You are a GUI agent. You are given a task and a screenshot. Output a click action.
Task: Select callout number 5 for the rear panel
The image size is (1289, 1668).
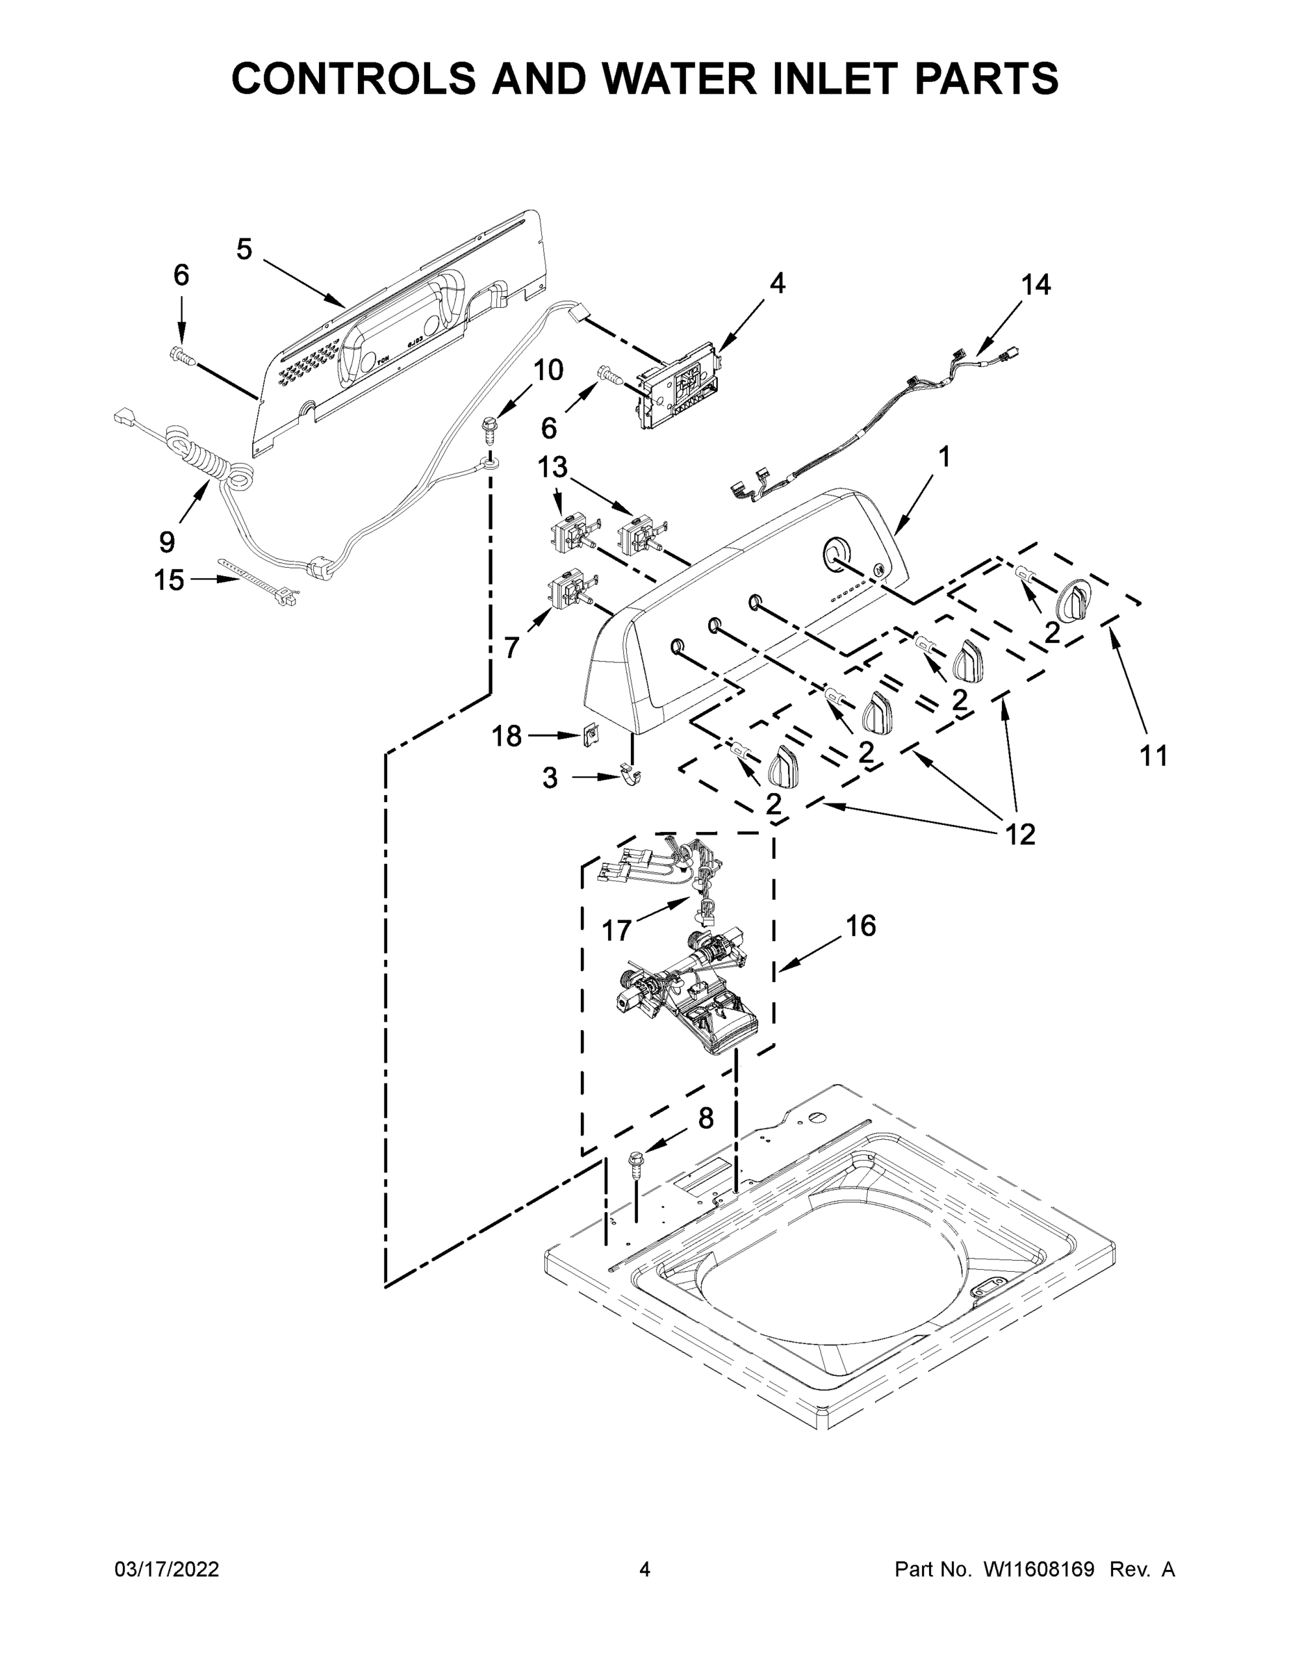[x=244, y=249]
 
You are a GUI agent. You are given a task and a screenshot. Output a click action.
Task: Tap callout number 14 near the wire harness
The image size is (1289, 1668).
[x=1035, y=285]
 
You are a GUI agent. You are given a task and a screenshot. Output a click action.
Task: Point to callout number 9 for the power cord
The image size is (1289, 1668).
[x=167, y=542]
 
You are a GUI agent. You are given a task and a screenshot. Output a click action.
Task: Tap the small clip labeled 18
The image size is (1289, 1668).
[x=590, y=735]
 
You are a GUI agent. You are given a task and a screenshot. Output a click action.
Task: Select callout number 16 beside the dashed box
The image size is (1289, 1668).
[x=860, y=926]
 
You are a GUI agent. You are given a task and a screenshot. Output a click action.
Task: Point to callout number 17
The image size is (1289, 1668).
[x=616, y=930]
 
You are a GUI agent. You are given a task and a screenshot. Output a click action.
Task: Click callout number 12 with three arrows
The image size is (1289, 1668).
[x=1019, y=834]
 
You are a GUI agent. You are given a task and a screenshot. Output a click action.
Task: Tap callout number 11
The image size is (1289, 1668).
[x=1153, y=756]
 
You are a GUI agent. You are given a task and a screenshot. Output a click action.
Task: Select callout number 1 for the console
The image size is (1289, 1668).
[x=944, y=457]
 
